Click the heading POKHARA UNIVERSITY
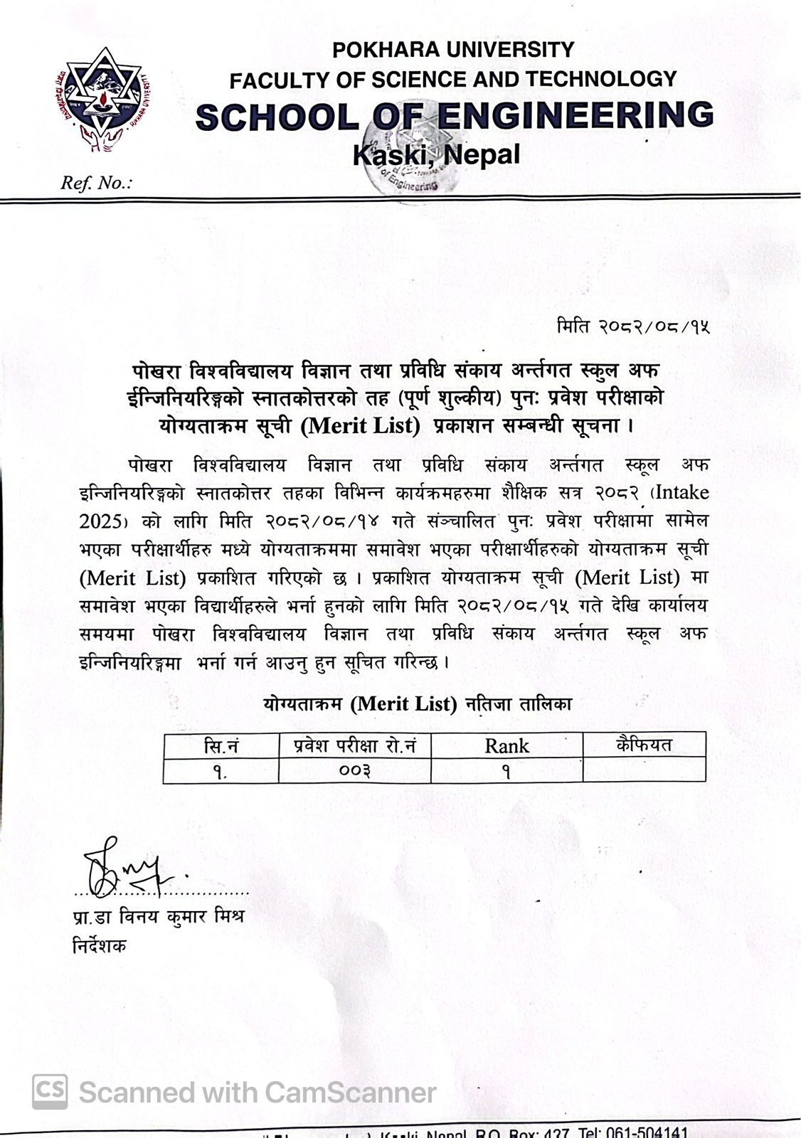(452, 50)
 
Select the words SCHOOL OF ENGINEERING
(454, 116)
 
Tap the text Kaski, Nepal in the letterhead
(436, 154)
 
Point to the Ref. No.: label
(96, 184)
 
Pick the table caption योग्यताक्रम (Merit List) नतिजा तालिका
(418, 704)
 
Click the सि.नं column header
(221, 746)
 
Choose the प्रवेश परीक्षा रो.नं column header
(354, 746)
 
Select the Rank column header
(506, 746)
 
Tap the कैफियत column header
(644, 745)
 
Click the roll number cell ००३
(354, 771)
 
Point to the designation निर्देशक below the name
(99, 946)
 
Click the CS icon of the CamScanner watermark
(50, 1092)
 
